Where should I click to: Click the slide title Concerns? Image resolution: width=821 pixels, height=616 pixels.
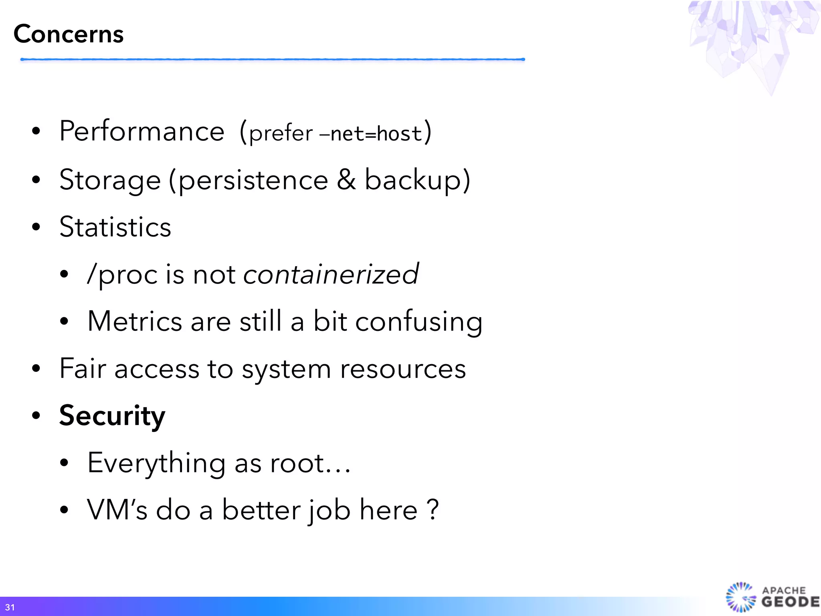pos(69,34)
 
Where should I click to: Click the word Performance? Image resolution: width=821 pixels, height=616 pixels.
pos(142,132)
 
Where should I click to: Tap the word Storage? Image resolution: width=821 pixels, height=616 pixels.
pos(110,180)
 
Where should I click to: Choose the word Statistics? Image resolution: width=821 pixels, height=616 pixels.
pos(115,227)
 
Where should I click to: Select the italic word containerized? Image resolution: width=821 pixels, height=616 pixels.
pos(331,274)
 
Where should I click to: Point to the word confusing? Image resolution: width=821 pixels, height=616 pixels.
pos(419,322)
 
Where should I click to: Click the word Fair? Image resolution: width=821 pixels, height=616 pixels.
pos(83,368)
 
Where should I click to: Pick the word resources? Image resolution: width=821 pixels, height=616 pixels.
pos(403,369)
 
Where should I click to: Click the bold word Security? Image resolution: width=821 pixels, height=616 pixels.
pos(112,416)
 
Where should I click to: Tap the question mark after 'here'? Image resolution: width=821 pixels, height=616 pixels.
pos(433,510)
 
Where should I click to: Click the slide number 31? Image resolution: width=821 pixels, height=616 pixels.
pos(10,607)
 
